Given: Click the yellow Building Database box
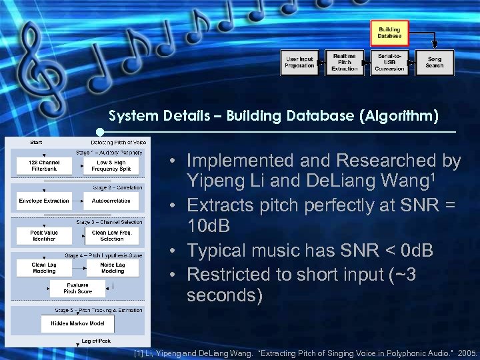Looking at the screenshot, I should [x=389, y=33].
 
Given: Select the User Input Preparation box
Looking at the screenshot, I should [x=299, y=62].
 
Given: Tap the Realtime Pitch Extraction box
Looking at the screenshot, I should [x=344, y=62].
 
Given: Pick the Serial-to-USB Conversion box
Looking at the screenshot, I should [x=389, y=62].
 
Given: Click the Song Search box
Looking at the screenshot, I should [x=434, y=62].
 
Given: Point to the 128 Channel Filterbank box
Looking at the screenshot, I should [x=44, y=166].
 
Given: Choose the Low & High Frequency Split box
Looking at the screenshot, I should [x=111, y=166].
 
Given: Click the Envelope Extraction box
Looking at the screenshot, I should [x=44, y=201].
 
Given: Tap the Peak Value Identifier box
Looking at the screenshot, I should [x=44, y=235].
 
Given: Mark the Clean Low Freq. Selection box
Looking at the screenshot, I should [x=112, y=235].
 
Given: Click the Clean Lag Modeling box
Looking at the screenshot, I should [x=44, y=268].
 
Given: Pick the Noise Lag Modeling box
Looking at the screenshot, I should [x=112, y=268].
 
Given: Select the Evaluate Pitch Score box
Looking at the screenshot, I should [x=77, y=289].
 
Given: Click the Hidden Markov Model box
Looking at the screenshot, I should [x=77, y=323].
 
